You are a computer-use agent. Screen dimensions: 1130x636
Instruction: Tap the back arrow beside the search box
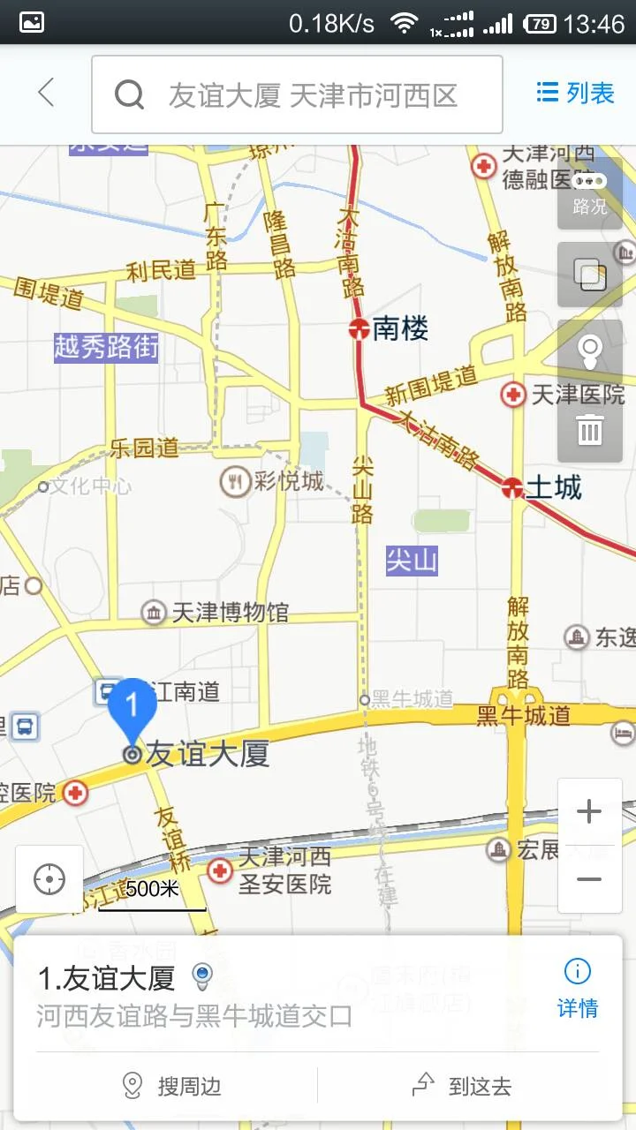pos(46,93)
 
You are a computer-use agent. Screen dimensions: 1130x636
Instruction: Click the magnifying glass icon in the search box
pos(129,94)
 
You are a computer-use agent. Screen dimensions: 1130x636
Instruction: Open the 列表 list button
pos(575,93)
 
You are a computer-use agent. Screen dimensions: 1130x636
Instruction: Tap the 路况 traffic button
pos(589,194)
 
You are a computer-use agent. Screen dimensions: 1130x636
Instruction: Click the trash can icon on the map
pos(589,430)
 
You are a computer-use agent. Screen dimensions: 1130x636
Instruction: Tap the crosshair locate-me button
pos(49,879)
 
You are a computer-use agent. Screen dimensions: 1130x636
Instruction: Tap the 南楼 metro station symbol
pos(358,330)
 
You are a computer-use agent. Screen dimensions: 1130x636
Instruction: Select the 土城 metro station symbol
pos(511,487)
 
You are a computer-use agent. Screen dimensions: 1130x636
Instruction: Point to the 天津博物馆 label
pos(230,612)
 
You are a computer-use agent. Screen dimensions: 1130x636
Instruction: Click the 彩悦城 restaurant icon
pos(235,481)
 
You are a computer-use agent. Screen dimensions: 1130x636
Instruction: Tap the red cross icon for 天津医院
pos(512,395)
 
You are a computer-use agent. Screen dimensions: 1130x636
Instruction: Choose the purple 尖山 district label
pos(412,561)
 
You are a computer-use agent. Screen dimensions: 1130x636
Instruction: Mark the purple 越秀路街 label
pos(106,347)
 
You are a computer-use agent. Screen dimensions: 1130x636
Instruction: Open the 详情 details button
pos(578,989)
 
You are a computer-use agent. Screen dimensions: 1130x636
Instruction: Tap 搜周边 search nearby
pos(173,1086)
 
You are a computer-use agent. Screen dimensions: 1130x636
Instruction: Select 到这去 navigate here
pos(463,1086)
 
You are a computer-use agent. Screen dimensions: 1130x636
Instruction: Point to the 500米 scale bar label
pos(152,889)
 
